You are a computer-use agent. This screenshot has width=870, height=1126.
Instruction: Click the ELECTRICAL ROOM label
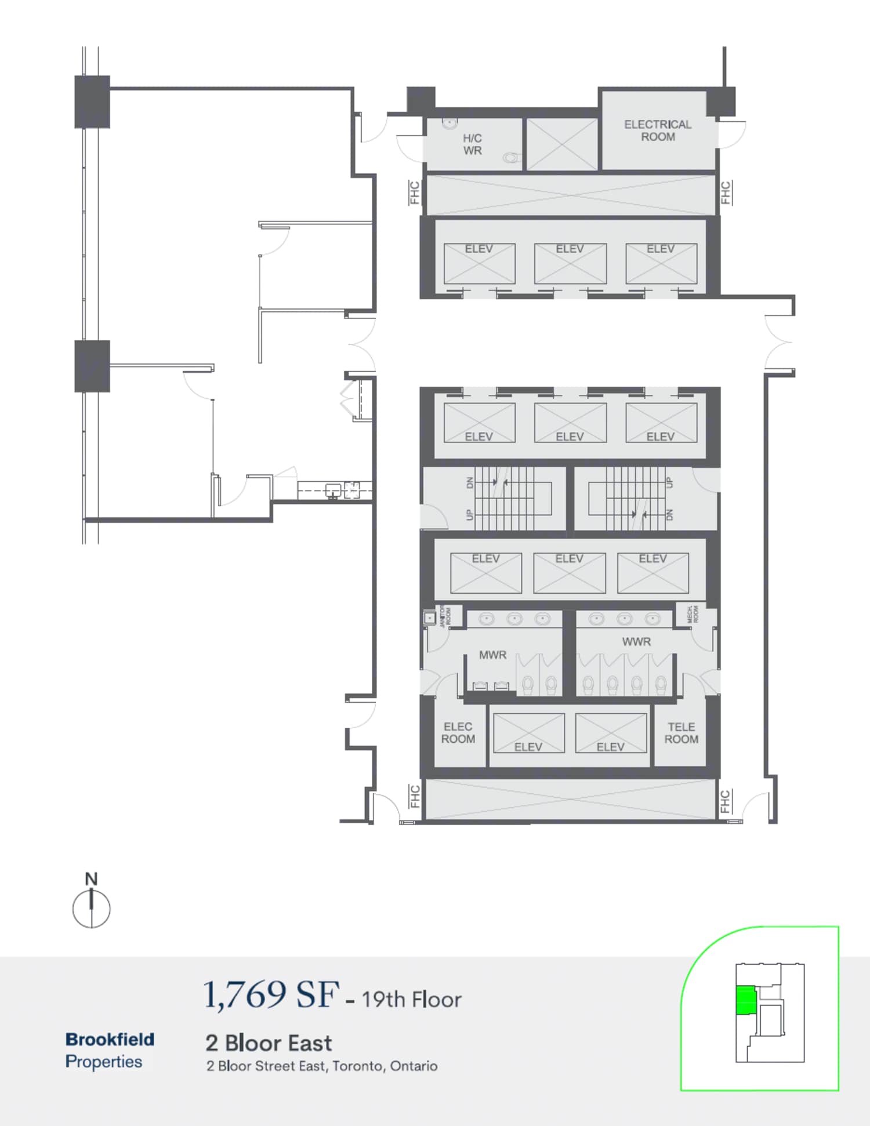pos(657,130)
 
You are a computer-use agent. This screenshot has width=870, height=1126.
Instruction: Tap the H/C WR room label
pos(472,144)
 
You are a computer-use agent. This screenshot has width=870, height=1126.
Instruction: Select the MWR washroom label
pos(492,655)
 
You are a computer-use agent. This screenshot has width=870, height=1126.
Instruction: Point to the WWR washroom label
pos(636,642)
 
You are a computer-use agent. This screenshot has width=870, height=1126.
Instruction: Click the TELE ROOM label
pos(681,733)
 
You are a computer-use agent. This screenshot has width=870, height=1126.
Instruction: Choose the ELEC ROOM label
pos(458,733)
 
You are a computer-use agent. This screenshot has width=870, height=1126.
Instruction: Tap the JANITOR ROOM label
pos(445,616)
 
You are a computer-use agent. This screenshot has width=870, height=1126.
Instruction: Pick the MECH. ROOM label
pos(693,614)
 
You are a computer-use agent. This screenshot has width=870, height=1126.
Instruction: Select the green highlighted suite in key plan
pos(746,1000)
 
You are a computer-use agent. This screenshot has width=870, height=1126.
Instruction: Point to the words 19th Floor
pos(412,1000)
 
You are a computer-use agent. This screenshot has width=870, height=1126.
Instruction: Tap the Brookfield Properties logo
pos(109,1050)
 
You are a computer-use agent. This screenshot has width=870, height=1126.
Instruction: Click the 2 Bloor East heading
pos(269,1043)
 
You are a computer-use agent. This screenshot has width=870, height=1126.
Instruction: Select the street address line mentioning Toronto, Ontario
pos(322,1066)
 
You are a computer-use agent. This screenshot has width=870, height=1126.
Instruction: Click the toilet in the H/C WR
pos(510,157)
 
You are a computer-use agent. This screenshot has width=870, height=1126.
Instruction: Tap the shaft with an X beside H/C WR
pos(561,144)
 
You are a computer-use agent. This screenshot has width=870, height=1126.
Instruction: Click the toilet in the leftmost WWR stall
pos(588,685)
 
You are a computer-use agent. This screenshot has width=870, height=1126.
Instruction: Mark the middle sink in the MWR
pos(514,619)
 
